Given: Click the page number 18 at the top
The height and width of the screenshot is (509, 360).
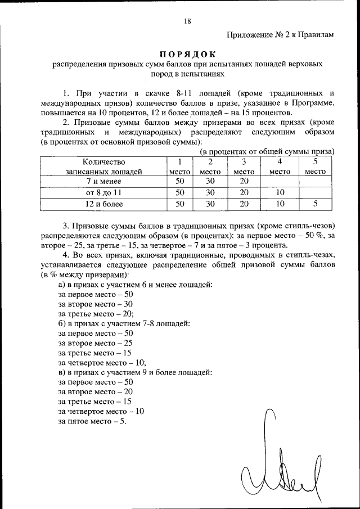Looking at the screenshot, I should pyautogui.click(x=187, y=21).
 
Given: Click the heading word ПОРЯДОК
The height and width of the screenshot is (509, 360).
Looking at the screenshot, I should pyautogui.click(x=187, y=55).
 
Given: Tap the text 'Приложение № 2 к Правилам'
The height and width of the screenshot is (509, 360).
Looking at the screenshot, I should pyautogui.click(x=281, y=34).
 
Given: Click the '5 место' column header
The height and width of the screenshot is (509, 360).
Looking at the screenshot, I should pyautogui.click(x=315, y=166).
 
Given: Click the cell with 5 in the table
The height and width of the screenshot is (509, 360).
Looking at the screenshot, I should pyautogui.click(x=315, y=204).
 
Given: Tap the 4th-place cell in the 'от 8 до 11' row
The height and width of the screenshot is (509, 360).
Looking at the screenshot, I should pyautogui.click(x=280, y=192).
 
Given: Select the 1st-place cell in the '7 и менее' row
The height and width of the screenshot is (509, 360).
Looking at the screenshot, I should pyautogui.click(x=180, y=181).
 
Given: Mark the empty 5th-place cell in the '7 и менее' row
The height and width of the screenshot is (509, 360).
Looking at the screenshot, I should pyautogui.click(x=315, y=181).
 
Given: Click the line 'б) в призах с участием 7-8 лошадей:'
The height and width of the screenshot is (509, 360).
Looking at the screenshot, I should pyautogui.click(x=124, y=324).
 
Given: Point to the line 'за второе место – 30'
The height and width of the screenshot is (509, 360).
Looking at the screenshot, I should pyautogui.click(x=96, y=304).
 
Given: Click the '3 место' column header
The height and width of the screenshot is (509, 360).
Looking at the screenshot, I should pyautogui.click(x=244, y=166).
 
